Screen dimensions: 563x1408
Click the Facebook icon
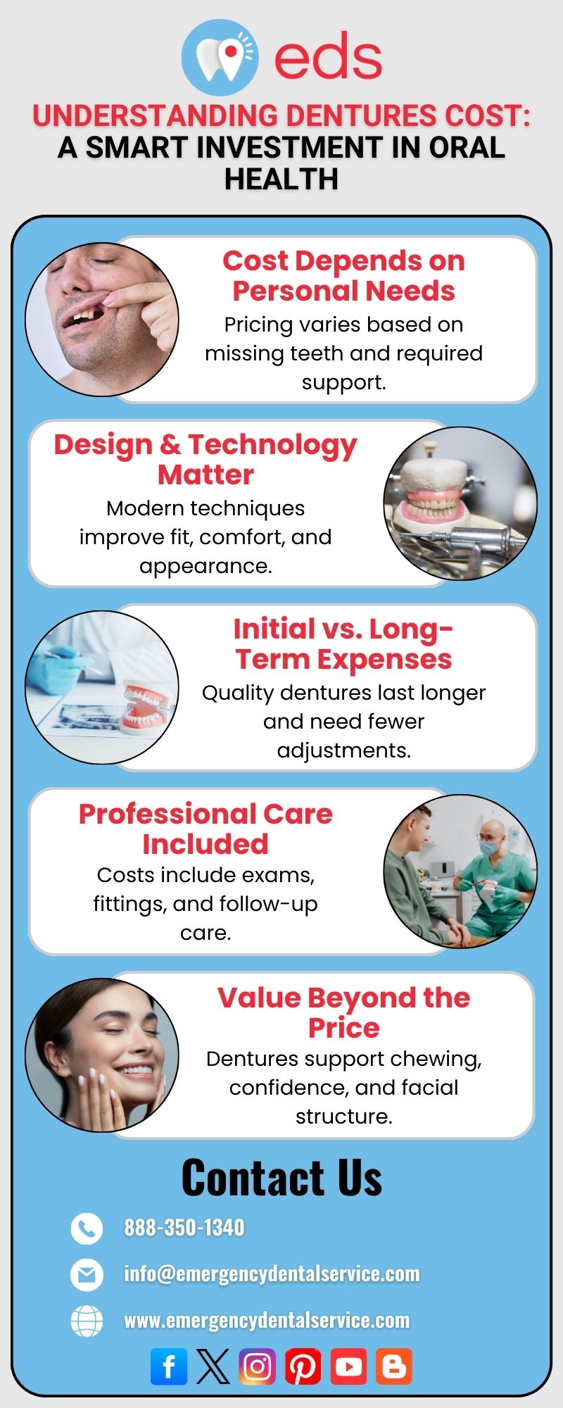[169, 1366]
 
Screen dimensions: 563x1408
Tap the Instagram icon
[257, 1366]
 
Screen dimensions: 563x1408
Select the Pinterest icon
[303, 1366]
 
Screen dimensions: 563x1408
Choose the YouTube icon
[348, 1366]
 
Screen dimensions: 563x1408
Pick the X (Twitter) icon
[213, 1366]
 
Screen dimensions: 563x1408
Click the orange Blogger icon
[393, 1366]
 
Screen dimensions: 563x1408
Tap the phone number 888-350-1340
[184, 1228]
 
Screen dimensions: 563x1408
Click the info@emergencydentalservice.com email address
[272, 1274]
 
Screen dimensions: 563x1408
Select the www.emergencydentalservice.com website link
[267, 1320]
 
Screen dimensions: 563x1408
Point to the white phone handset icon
[87, 1228]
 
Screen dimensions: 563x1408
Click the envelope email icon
[87, 1275]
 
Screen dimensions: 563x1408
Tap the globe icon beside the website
[87, 1321]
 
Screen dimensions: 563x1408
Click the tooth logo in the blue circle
[220, 58]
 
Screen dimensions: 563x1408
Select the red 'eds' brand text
[328, 56]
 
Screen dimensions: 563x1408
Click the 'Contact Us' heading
[281, 1178]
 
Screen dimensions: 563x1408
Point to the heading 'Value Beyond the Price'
[343, 1012]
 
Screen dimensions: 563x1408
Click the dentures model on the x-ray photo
[145, 705]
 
